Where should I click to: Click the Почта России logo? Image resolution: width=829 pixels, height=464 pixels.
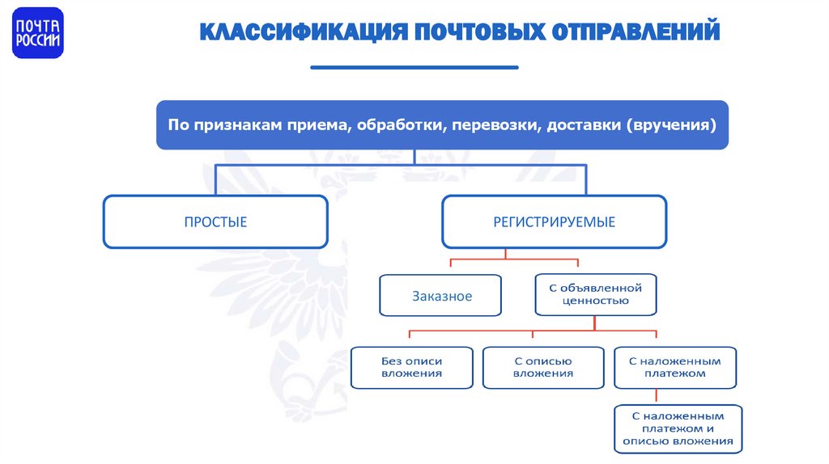point(38,33)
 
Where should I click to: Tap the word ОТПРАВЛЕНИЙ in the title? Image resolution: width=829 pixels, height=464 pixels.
point(636,32)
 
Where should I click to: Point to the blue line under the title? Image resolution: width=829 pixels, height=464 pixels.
point(414,67)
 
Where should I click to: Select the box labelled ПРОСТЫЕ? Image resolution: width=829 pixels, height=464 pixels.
point(215,221)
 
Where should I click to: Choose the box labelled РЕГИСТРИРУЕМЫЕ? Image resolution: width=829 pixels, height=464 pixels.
point(555,221)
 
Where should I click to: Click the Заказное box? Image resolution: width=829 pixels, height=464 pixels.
point(440,296)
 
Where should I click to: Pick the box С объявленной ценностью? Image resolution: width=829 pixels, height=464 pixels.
point(595,294)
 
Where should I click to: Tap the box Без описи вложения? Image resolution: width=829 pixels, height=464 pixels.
point(412,368)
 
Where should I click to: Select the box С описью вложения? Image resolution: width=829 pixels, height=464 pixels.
point(543,368)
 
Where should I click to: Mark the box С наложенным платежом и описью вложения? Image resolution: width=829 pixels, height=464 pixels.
point(678,428)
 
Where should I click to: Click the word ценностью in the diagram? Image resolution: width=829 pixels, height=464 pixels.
point(595,301)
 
